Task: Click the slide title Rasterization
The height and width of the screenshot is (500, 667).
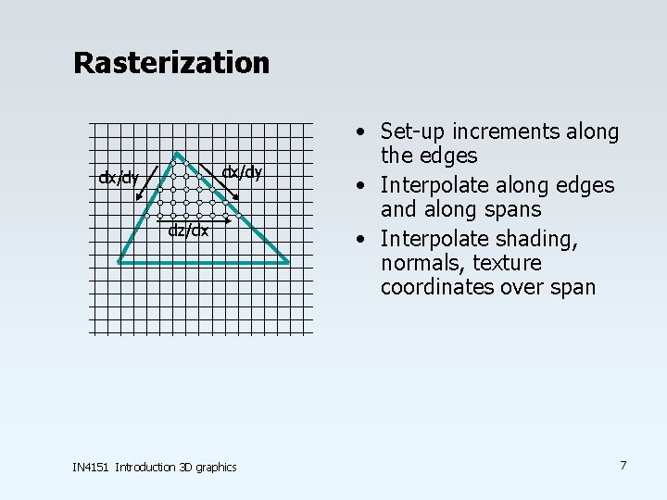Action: [171, 63]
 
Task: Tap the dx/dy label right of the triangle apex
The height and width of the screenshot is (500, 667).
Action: [243, 171]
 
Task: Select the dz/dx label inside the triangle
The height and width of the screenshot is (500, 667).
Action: [188, 231]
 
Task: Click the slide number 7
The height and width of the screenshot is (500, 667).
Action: [623, 465]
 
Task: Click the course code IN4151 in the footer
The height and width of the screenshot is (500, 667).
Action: [91, 467]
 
